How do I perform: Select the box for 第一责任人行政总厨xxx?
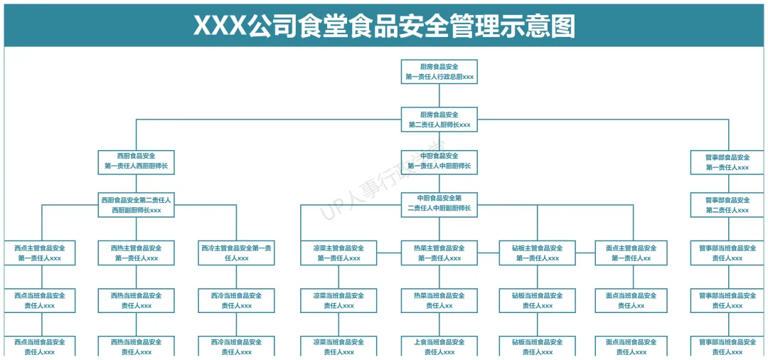pos(439,72)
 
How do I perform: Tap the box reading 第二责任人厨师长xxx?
pos(439,120)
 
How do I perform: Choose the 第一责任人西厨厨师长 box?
pos(136,162)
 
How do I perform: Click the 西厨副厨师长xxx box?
pos(136,205)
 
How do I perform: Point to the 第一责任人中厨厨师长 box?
pos(439,162)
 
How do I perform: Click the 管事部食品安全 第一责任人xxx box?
pos(727,162)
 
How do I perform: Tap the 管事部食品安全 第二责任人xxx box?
pos(727,205)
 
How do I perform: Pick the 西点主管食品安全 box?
pos(40,253)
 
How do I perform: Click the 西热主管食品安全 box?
pos(136,253)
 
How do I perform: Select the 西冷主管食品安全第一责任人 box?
pos(236,253)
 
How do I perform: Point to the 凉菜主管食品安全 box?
pos(338,253)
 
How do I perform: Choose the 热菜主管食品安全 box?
pos(439,253)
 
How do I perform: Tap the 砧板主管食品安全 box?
pos(538,253)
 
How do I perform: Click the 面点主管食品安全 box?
pos(631,253)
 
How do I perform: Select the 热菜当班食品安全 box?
pos(439,300)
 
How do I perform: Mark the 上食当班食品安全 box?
pos(439,346)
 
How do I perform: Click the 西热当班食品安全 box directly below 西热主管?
pos(136,300)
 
